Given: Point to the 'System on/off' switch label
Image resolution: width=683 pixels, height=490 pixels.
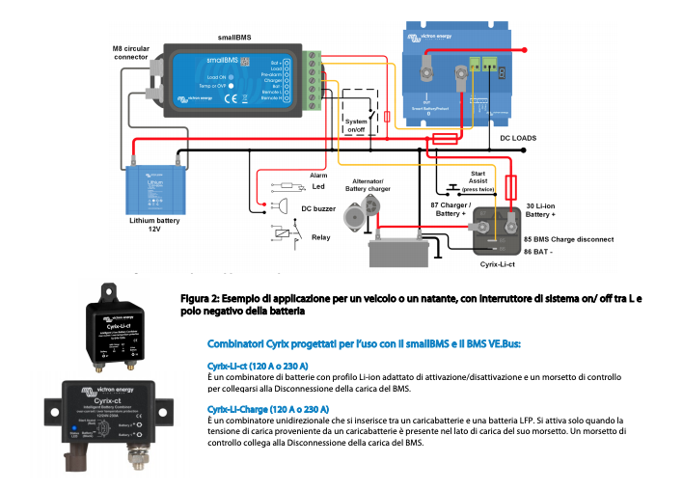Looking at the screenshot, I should pos(356,124).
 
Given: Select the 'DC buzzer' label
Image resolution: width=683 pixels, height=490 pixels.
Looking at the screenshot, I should pos(318,207).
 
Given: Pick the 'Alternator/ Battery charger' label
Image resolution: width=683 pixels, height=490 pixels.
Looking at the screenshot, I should pos(368,186).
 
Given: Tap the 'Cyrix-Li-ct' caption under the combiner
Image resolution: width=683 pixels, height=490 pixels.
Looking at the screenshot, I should pos(497,263).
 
